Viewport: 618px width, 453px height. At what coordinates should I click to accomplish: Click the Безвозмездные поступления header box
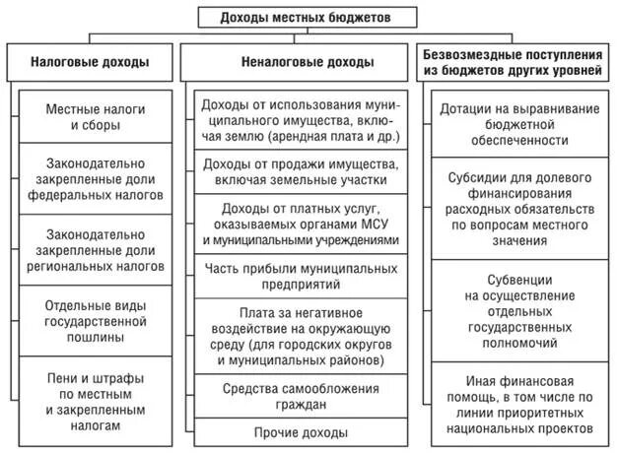tap(513, 62)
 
